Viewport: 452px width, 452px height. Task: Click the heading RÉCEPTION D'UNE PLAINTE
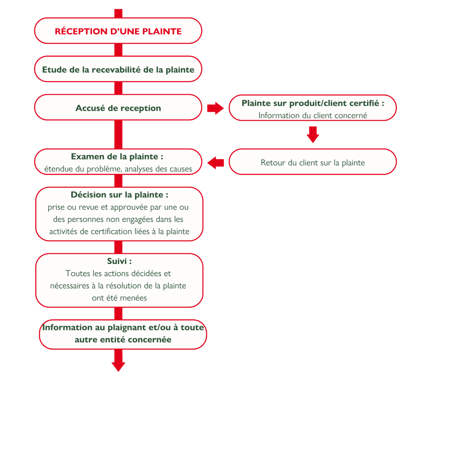point(118,31)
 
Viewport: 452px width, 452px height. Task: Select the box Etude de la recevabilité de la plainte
point(118,69)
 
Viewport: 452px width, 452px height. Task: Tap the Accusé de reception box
point(118,107)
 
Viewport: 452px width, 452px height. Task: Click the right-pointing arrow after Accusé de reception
point(215,108)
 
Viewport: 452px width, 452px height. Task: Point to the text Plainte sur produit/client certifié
point(313,103)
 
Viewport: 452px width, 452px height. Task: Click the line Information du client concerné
point(313,115)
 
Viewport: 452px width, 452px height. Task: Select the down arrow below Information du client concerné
point(313,134)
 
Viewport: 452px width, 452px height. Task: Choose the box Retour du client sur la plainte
point(313,162)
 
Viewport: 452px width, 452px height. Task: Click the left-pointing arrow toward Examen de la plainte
point(215,163)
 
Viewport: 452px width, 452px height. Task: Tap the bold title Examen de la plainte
point(117,156)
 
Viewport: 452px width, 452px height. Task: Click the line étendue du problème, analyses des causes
point(118,169)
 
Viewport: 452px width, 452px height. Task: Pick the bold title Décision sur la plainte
point(119,195)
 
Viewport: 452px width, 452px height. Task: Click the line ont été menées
point(119,298)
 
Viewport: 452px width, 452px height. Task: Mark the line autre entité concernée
point(123,340)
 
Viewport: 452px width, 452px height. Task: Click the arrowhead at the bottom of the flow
point(118,366)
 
